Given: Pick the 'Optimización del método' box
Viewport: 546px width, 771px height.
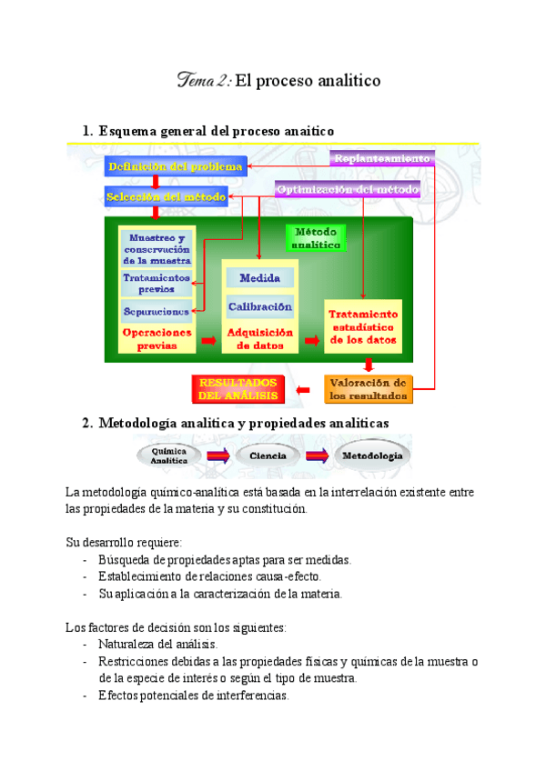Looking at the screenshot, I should [x=348, y=189].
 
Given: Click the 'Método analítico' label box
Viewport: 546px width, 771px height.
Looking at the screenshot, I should [x=317, y=238].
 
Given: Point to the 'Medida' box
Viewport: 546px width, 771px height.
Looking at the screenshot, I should [x=259, y=277].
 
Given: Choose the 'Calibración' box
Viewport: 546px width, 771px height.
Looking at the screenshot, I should [x=259, y=306].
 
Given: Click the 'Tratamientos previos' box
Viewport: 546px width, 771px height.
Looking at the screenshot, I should [x=157, y=283].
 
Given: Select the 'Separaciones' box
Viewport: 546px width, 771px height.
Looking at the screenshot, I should [x=157, y=311].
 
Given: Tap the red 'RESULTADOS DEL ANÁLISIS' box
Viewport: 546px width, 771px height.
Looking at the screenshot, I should [x=238, y=388].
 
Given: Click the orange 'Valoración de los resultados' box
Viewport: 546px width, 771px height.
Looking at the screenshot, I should [x=368, y=388].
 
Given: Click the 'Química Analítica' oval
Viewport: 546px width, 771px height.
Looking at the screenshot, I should [x=169, y=456].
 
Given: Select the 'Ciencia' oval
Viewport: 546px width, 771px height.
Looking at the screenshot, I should [x=268, y=456].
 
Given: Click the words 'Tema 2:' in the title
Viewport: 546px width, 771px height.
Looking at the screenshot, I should [x=205, y=82].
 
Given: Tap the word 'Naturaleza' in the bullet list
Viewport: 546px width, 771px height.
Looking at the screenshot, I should [x=126, y=644].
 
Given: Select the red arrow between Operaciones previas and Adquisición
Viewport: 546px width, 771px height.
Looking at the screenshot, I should [x=209, y=341].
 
